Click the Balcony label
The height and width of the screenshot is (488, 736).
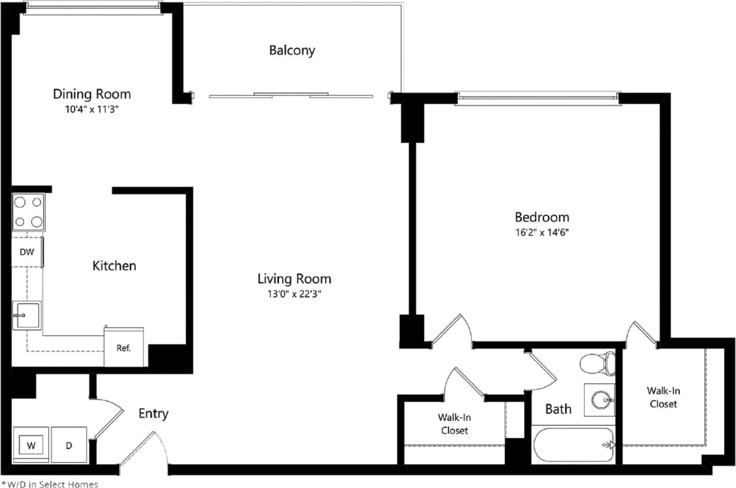(292, 50)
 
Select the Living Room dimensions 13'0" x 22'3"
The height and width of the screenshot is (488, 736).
(294, 294)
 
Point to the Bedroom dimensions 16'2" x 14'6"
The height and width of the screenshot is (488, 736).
(542, 232)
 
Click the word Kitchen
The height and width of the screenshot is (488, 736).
(114, 266)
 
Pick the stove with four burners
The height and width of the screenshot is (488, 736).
(28, 212)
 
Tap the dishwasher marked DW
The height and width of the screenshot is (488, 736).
(27, 252)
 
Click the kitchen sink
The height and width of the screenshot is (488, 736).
(27, 315)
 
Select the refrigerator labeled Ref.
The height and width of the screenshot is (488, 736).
(123, 348)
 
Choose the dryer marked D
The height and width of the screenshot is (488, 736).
(69, 445)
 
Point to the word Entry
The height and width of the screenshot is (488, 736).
(154, 414)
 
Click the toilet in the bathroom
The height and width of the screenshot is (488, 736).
(597, 362)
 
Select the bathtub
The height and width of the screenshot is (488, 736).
(573, 445)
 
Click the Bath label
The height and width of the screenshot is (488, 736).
(558, 409)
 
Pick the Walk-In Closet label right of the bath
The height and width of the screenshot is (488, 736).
(663, 397)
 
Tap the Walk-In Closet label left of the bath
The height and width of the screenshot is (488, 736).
(454, 424)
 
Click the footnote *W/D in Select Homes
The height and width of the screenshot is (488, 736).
(50, 484)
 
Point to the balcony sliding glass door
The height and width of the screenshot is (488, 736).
(291, 95)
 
